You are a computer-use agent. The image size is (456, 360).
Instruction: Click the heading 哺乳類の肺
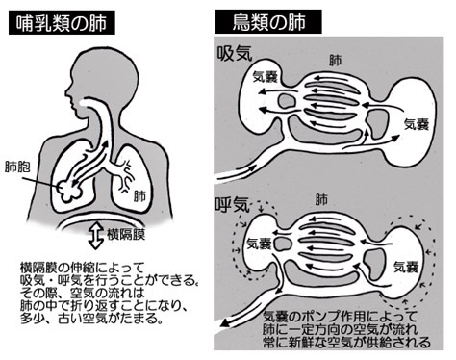(62, 23)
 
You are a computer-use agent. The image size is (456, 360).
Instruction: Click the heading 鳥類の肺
(268, 22)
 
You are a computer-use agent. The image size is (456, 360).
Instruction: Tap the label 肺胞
(17, 167)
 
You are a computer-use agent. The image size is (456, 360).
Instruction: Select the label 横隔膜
(126, 234)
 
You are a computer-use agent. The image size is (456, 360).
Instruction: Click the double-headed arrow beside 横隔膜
(95, 236)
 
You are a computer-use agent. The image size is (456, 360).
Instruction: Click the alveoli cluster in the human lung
(69, 192)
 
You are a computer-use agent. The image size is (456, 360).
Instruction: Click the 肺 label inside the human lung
(140, 196)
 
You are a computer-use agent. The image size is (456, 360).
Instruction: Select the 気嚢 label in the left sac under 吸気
(266, 77)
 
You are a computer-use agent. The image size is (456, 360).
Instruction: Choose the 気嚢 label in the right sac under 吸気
(416, 124)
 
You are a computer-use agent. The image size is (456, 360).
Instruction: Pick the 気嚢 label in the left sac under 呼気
(259, 244)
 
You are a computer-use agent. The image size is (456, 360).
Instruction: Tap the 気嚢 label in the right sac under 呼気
(406, 266)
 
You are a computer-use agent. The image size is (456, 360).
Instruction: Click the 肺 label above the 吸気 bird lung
(336, 61)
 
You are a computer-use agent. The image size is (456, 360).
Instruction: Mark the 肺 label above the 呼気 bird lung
(321, 199)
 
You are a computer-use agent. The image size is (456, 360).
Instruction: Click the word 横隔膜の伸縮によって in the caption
(83, 267)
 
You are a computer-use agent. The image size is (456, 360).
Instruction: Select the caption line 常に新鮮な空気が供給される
(346, 343)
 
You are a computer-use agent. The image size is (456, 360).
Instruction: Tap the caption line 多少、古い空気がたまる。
(90, 319)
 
